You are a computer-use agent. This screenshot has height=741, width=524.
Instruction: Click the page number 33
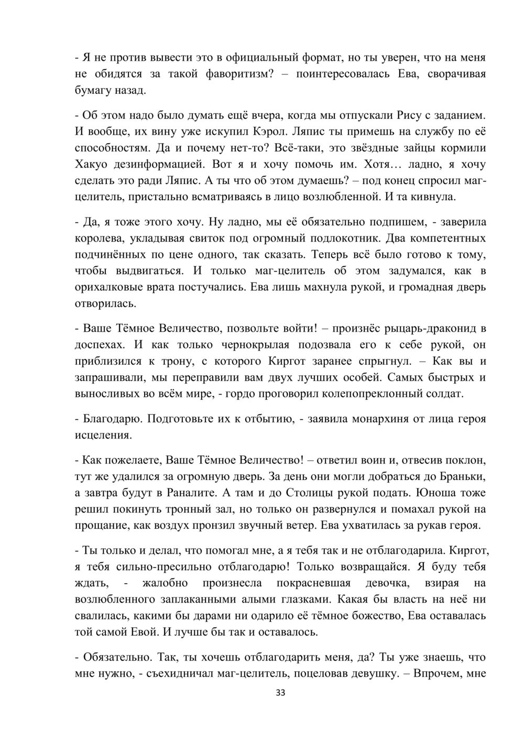(280, 693)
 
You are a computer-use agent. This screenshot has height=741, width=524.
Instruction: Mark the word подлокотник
(344, 238)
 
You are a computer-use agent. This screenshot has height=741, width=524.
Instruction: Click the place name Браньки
(464, 477)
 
